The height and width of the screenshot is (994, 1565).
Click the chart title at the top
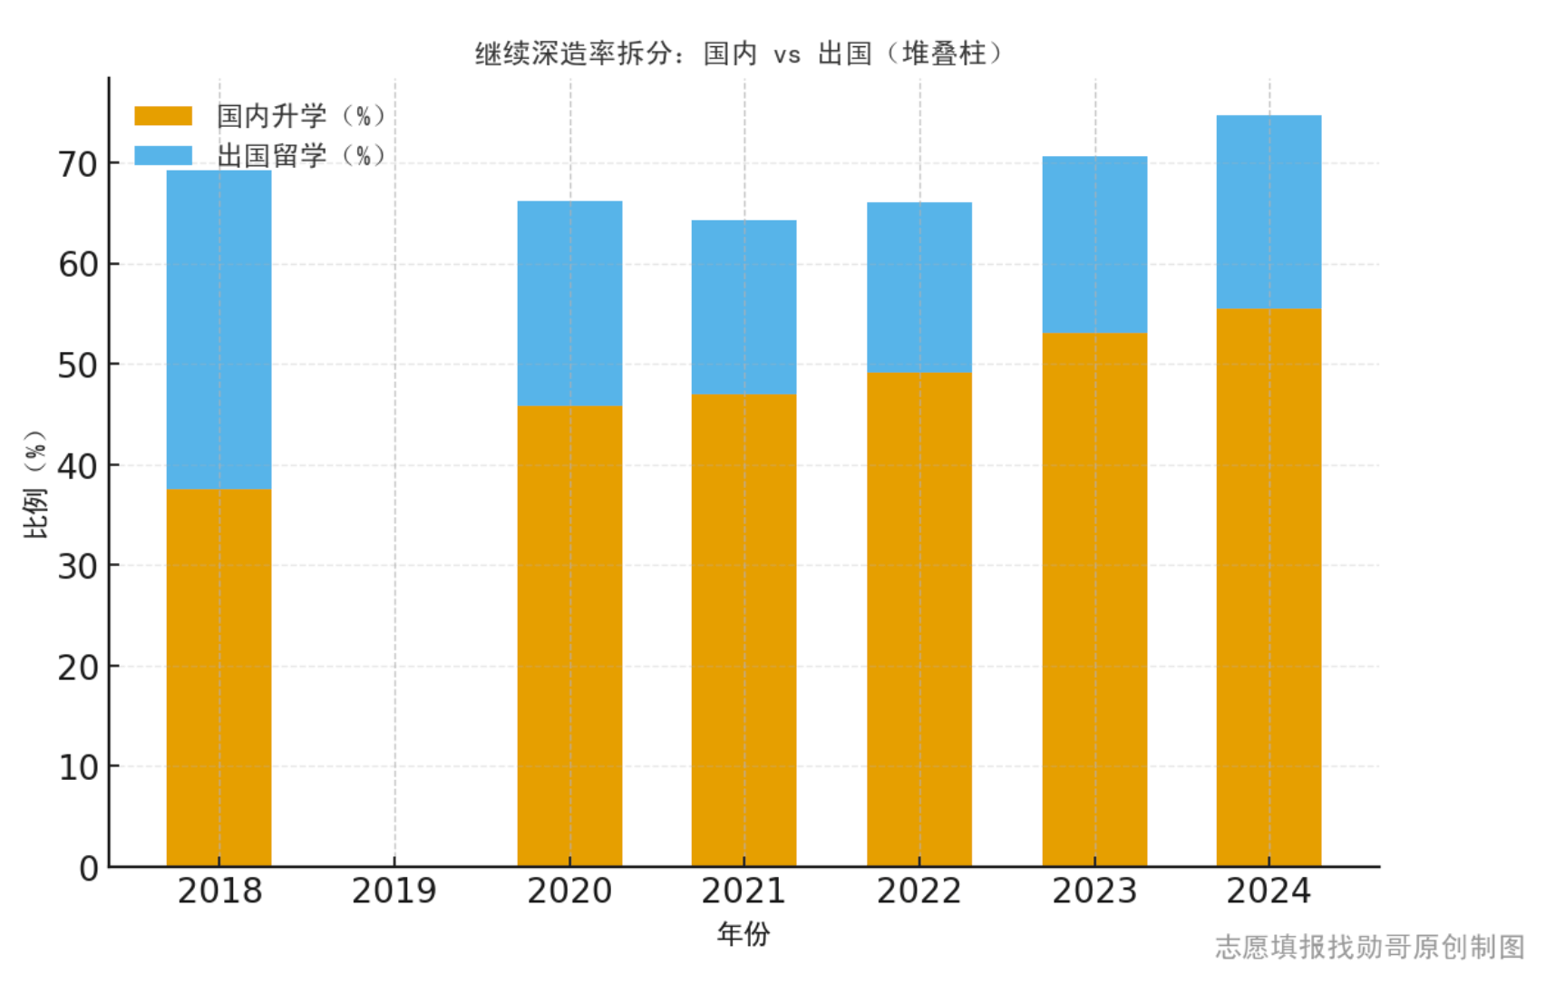tap(739, 54)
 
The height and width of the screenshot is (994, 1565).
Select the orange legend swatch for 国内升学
tap(163, 116)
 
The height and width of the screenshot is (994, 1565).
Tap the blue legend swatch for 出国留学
tap(163, 156)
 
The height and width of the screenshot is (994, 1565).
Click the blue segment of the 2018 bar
tap(219, 330)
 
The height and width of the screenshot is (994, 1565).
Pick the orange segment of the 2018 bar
tap(219, 677)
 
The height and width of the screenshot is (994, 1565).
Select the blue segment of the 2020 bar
tap(569, 303)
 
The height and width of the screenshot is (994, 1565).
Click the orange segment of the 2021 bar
tap(744, 630)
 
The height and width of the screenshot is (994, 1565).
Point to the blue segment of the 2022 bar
tap(919, 287)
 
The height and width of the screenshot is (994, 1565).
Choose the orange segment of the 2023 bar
tap(1094, 599)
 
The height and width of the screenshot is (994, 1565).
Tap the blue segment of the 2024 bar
tap(1269, 211)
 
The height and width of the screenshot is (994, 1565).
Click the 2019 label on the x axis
tap(394, 892)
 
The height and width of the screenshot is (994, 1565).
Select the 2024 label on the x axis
tap(1269, 892)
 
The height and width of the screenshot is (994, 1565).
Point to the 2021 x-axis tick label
tap(744, 892)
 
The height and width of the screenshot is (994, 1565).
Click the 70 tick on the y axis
tap(77, 165)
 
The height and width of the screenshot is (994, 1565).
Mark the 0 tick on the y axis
tap(88, 868)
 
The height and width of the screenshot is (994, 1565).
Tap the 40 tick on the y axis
tap(77, 466)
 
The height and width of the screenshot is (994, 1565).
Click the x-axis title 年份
tap(744, 933)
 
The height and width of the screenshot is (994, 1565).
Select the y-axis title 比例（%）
tap(35, 484)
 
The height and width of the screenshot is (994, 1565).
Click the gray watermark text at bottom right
tap(1369, 947)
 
